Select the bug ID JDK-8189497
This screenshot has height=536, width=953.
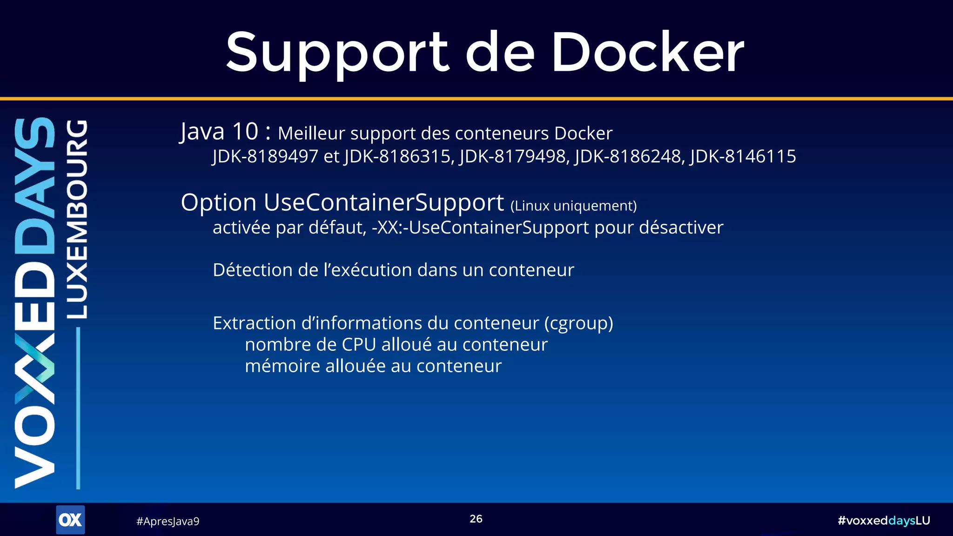point(265,156)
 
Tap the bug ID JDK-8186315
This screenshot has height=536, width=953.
point(398,156)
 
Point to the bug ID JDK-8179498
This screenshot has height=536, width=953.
point(513,156)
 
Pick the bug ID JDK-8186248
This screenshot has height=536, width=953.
point(628,156)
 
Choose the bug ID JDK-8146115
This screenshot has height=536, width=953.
point(743,156)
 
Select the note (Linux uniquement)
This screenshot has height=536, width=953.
point(573,206)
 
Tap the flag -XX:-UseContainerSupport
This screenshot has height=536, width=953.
point(480,228)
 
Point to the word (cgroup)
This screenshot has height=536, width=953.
point(578,323)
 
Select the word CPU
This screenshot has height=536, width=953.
point(359,345)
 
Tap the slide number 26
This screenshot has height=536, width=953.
point(476,519)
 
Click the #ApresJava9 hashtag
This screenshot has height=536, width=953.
point(168,521)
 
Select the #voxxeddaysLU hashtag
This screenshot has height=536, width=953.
point(884,521)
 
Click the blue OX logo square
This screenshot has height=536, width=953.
point(70,520)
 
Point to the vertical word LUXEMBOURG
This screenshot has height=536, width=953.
point(77,219)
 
